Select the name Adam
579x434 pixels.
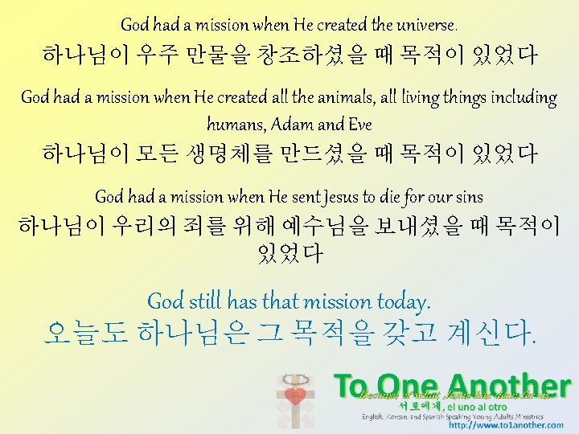(295, 124)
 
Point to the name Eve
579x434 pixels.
(360, 124)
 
